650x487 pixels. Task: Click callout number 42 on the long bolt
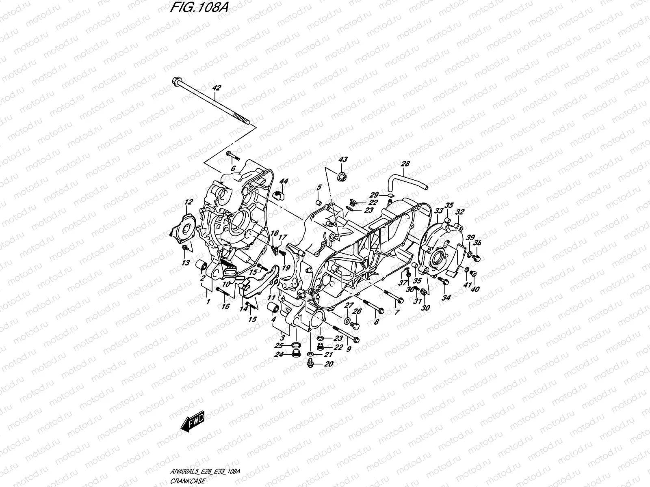217,88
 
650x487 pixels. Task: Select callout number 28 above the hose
405,164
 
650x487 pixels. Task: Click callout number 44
283,181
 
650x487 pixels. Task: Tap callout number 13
186,263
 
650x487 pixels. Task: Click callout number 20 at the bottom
329,364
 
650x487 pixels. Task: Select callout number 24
279,354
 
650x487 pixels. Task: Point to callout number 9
349,348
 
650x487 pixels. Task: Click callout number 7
396,312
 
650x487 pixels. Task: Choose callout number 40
476,289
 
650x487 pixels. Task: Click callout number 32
460,212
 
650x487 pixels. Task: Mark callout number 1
208,302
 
